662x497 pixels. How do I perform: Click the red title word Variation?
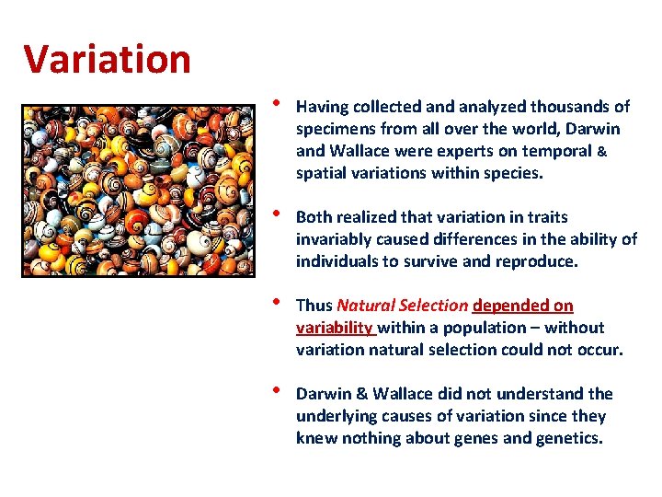(x=107, y=60)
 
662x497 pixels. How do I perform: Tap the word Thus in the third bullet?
(x=314, y=306)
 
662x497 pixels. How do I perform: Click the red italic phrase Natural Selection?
(x=403, y=306)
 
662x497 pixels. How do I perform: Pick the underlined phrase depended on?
(x=522, y=306)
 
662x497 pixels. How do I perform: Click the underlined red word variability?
(x=334, y=328)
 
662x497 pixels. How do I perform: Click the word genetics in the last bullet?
(x=570, y=438)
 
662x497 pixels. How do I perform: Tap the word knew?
(x=314, y=438)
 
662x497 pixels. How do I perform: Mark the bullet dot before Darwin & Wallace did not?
(x=279, y=390)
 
